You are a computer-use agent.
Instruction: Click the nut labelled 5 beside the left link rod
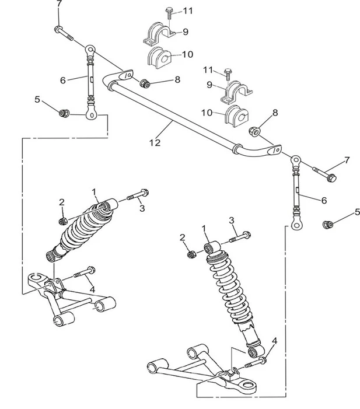point(65,111)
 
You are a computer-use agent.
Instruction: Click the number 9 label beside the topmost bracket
point(186,32)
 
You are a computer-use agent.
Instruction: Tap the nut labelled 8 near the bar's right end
point(255,132)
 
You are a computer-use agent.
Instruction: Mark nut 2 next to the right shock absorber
point(190,254)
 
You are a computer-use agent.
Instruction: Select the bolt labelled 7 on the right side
point(324,173)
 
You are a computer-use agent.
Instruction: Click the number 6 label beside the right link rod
point(323,200)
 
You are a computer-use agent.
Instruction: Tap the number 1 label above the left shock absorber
point(95,191)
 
